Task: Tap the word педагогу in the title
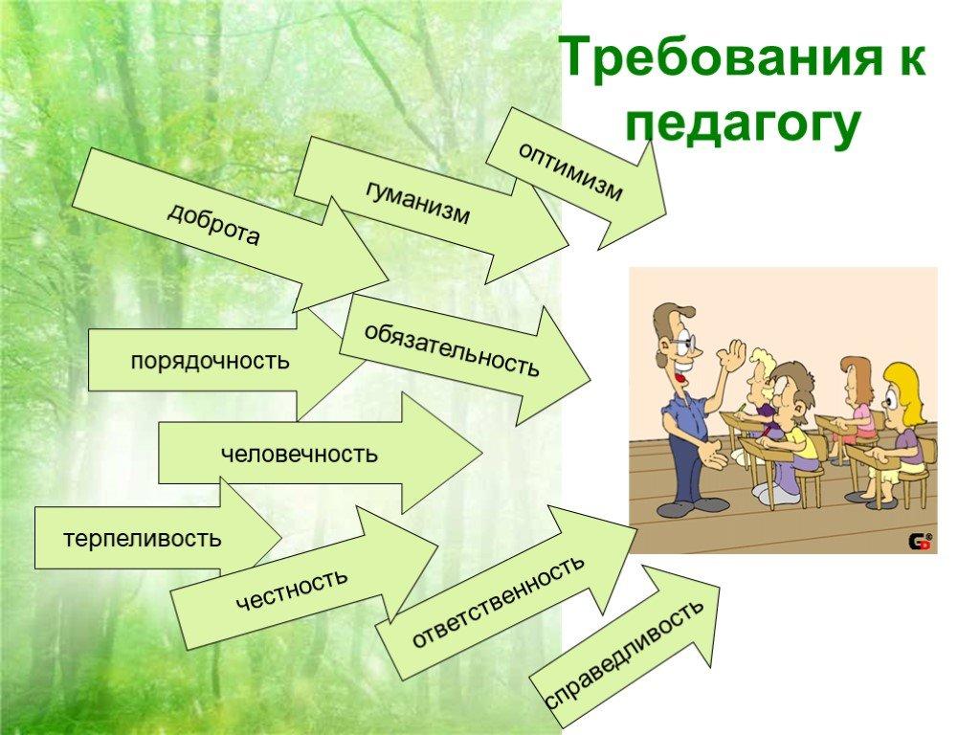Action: click(743, 123)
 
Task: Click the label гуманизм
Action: click(417, 202)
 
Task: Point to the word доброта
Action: click(213, 224)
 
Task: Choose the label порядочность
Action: click(210, 361)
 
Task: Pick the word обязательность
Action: click(452, 349)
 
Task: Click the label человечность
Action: click(300, 454)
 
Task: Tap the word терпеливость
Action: click(143, 538)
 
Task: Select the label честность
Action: click(291, 589)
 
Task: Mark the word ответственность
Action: click(498, 601)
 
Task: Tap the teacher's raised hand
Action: click(732, 356)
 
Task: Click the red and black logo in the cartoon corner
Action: click(920, 542)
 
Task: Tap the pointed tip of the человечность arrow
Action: click(482, 453)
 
